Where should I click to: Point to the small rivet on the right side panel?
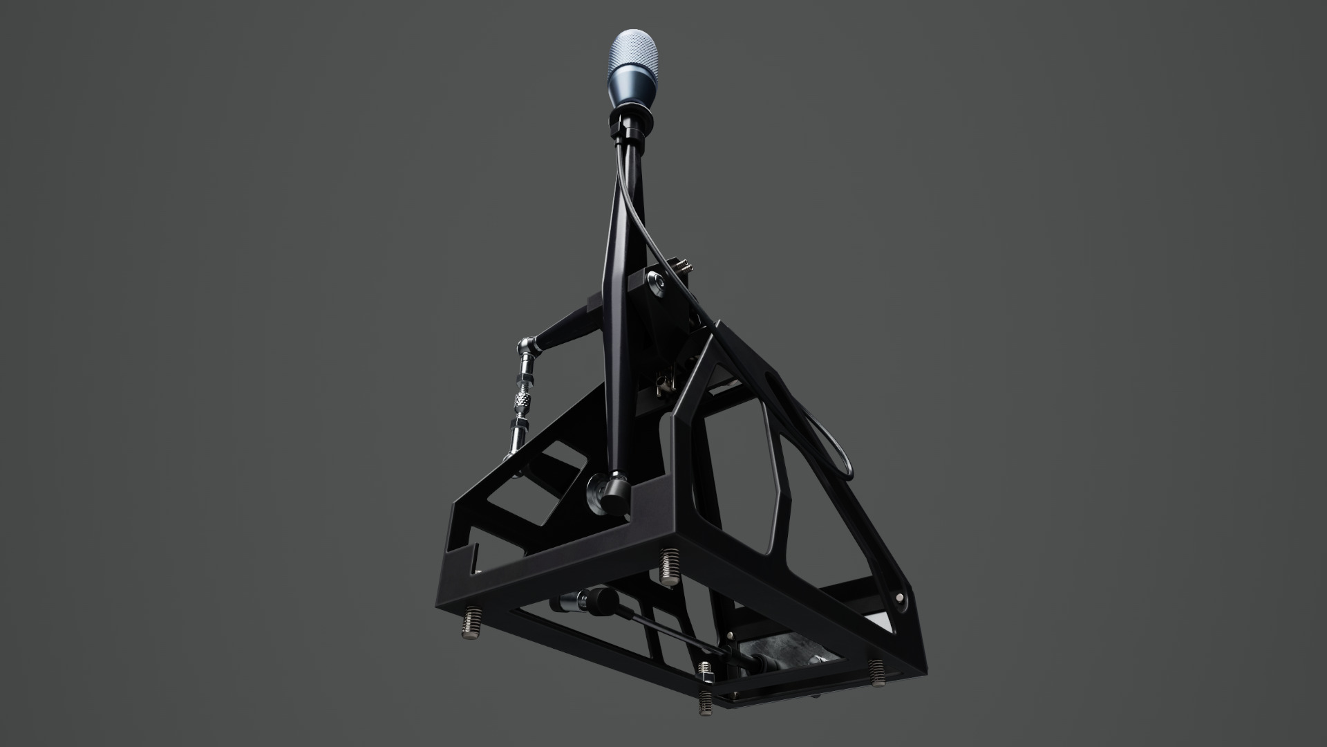click(899, 596)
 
